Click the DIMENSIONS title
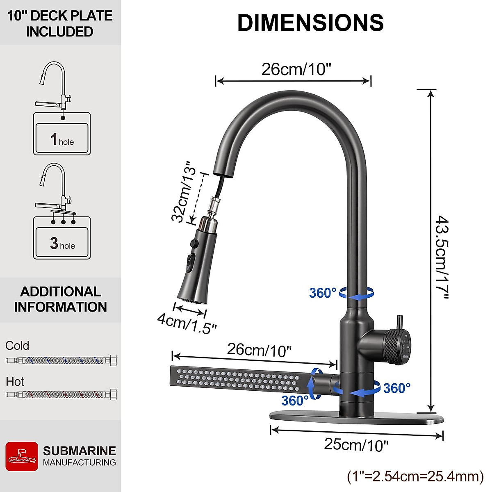click(x=310, y=23)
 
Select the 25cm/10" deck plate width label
click(x=356, y=444)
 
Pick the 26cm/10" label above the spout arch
click(x=296, y=69)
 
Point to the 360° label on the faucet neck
click(x=323, y=293)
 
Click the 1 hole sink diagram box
click(x=61, y=138)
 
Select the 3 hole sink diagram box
click(x=61, y=242)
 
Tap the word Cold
click(x=17, y=346)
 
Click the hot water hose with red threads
click(x=61, y=395)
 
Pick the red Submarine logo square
click(x=22, y=456)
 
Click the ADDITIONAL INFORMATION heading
click(x=61, y=299)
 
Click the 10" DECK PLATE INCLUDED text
click(x=60, y=23)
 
